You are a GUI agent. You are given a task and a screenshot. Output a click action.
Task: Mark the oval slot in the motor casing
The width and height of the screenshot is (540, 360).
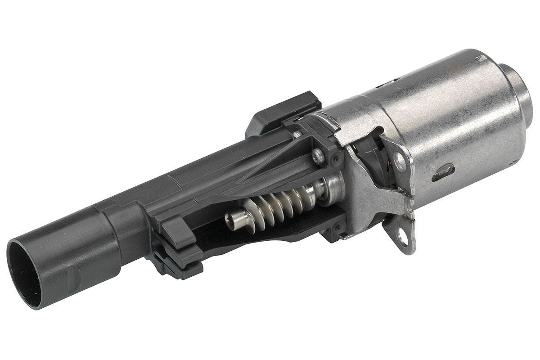click(x=443, y=173)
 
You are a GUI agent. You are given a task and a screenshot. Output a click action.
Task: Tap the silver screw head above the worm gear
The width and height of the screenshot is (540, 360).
click(x=319, y=156)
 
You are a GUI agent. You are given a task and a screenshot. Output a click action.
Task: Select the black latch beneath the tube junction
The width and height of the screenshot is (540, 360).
click(x=178, y=261)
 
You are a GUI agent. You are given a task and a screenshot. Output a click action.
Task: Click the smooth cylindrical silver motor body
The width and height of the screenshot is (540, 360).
click(x=450, y=121)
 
